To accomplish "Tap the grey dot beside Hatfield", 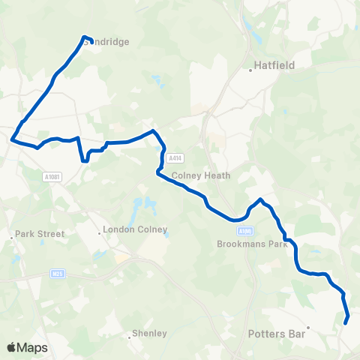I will click(251, 70).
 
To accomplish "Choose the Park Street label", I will click(41, 234).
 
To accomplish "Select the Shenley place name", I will click(149, 333).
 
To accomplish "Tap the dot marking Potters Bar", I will click(307, 328).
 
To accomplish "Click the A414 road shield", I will click(175, 158).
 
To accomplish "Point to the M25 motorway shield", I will click(57, 274).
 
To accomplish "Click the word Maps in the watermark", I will click(34, 348).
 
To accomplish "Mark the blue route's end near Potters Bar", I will click(346, 322).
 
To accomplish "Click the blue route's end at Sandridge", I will click(84, 37).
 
